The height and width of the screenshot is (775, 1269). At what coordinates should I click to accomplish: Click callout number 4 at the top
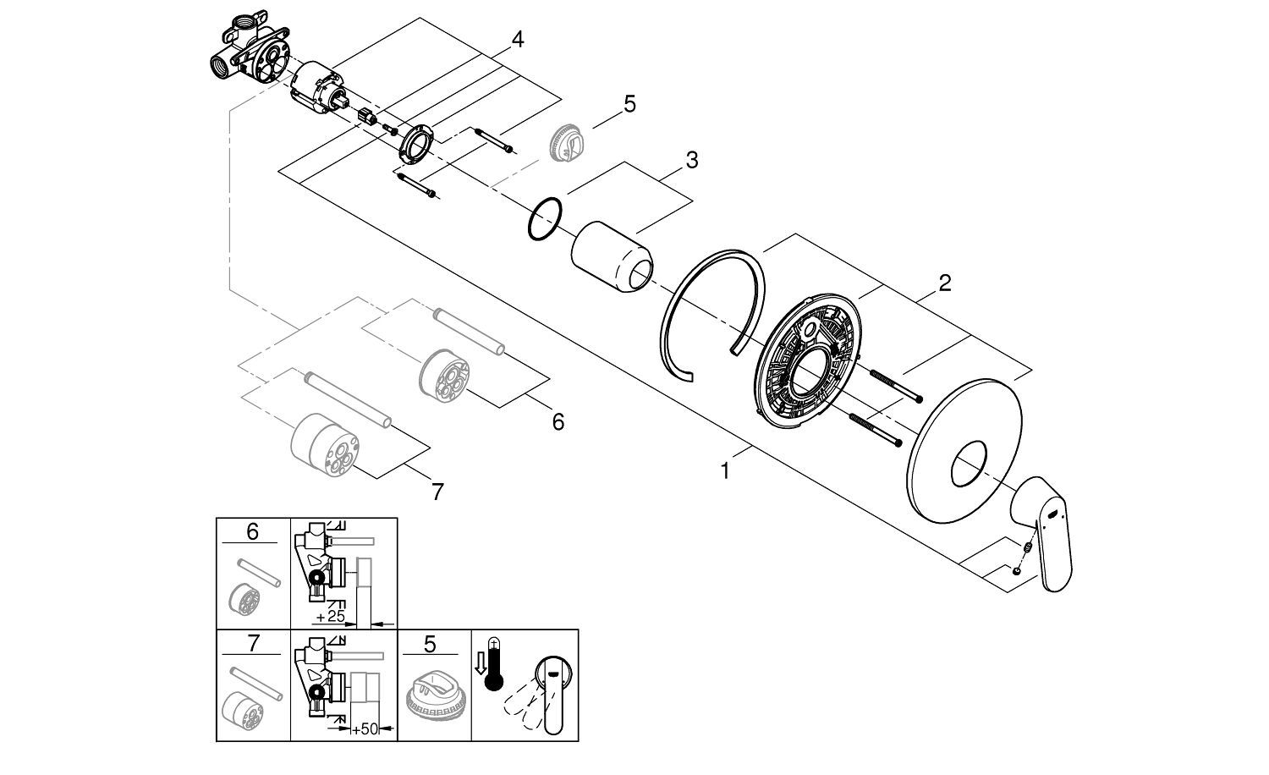tap(517, 39)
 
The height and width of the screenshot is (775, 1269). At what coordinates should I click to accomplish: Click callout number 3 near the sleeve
tap(691, 160)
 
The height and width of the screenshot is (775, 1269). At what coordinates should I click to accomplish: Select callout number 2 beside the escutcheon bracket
tap(945, 283)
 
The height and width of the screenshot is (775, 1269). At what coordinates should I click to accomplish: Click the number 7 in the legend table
tap(251, 646)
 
